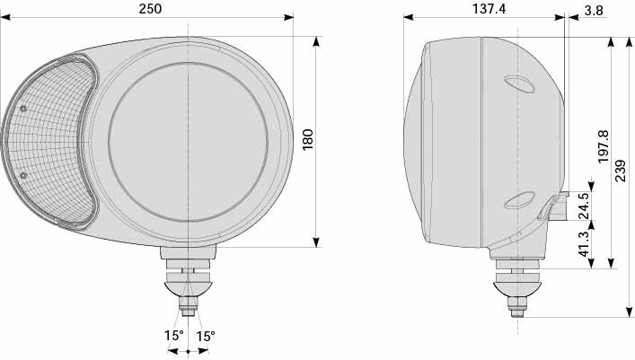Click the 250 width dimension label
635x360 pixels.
coord(150,8)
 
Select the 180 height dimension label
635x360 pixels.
coord(308,139)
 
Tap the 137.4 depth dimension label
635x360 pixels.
coord(489,8)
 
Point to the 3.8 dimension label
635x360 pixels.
coord(594,11)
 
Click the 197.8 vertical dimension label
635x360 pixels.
coord(604,146)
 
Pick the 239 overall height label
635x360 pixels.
coord(621,171)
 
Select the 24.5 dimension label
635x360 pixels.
coord(584,206)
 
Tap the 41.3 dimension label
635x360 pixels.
coord(584,243)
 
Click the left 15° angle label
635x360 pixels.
coord(173,336)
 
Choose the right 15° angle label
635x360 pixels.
coord(206,336)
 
